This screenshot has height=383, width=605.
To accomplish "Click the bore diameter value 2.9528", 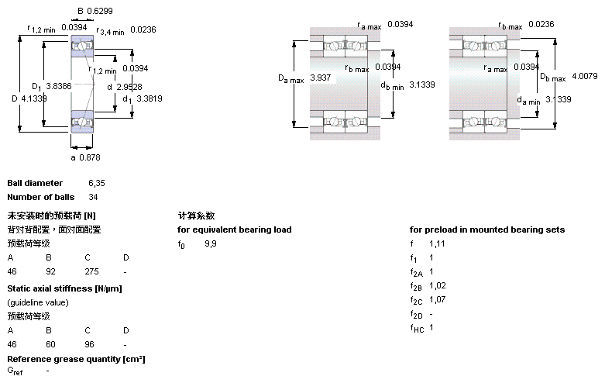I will (129, 87).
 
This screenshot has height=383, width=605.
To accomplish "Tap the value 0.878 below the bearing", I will (91, 157).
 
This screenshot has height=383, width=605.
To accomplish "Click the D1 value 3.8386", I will (59, 86).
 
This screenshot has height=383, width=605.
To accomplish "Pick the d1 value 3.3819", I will (149, 98).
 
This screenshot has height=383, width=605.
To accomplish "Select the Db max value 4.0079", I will (585, 76).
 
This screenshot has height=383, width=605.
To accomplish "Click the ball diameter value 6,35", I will (96, 183).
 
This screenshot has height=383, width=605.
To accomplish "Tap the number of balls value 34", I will (93, 197).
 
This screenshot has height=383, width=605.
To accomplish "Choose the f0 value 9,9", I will (211, 243).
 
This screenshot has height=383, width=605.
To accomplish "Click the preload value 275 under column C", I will (91, 272).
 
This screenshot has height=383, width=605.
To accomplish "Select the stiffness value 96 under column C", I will (89, 343).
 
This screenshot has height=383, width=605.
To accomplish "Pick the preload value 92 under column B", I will (50, 272).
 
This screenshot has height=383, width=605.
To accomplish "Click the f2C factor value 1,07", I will (438, 299).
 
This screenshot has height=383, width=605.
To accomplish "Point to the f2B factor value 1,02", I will (438, 285).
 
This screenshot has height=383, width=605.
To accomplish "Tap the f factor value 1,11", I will (437, 243).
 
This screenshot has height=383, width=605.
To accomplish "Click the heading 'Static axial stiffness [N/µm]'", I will (64, 288).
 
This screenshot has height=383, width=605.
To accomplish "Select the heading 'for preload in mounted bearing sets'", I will (487, 229).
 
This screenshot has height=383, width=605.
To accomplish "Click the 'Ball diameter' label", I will (35, 183).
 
